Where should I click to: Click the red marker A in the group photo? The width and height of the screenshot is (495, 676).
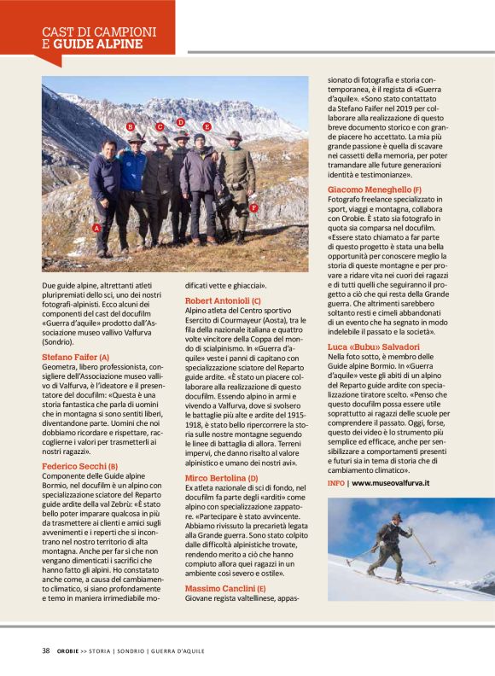click(x=96, y=228)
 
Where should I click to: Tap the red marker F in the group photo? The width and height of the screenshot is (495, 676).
click(x=253, y=207)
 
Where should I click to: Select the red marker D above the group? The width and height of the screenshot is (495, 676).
click(x=181, y=122)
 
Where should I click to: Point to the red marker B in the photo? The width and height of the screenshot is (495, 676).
click(x=131, y=127)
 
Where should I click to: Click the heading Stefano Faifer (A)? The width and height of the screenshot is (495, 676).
click(x=76, y=356)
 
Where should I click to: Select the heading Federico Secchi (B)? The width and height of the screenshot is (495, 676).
click(x=80, y=465)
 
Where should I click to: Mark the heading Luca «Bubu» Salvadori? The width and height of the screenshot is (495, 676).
click(x=374, y=347)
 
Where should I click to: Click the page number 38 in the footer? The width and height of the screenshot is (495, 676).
click(x=45, y=650)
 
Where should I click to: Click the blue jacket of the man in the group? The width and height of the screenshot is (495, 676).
click(x=132, y=171)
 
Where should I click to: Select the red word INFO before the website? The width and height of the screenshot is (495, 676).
click(x=336, y=482)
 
